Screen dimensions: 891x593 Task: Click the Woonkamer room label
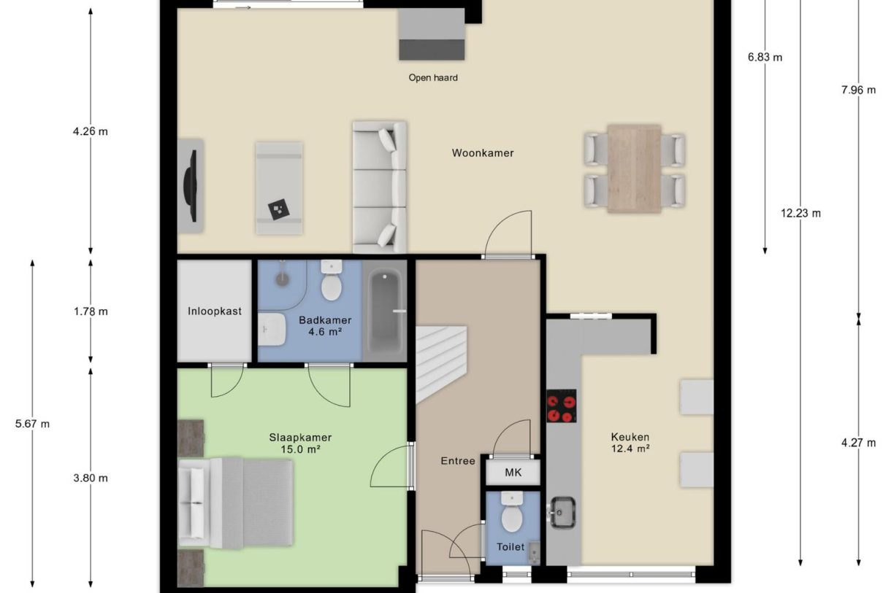pos(483,153)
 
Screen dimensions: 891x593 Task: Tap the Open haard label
pos(433,77)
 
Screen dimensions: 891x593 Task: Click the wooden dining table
pos(634,168)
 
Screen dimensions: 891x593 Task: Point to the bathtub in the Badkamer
pos(384,310)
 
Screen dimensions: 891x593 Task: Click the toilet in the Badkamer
pos(332,280)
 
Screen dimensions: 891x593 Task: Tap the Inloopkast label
pos(215,311)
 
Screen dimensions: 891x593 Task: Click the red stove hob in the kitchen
pos(561,406)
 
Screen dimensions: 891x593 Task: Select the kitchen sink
pos(562,512)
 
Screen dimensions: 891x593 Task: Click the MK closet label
pos(513,472)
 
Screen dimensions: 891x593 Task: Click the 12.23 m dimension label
pos(800,213)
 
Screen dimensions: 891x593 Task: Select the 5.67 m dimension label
pos(33,424)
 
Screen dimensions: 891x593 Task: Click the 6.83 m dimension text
pos(765,57)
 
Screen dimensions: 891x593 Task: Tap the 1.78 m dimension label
pos(91,311)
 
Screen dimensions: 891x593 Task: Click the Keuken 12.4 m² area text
pos(630,443)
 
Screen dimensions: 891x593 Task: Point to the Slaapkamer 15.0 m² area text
pos(300,443)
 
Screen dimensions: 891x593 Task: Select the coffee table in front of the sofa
pos(279,188)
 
